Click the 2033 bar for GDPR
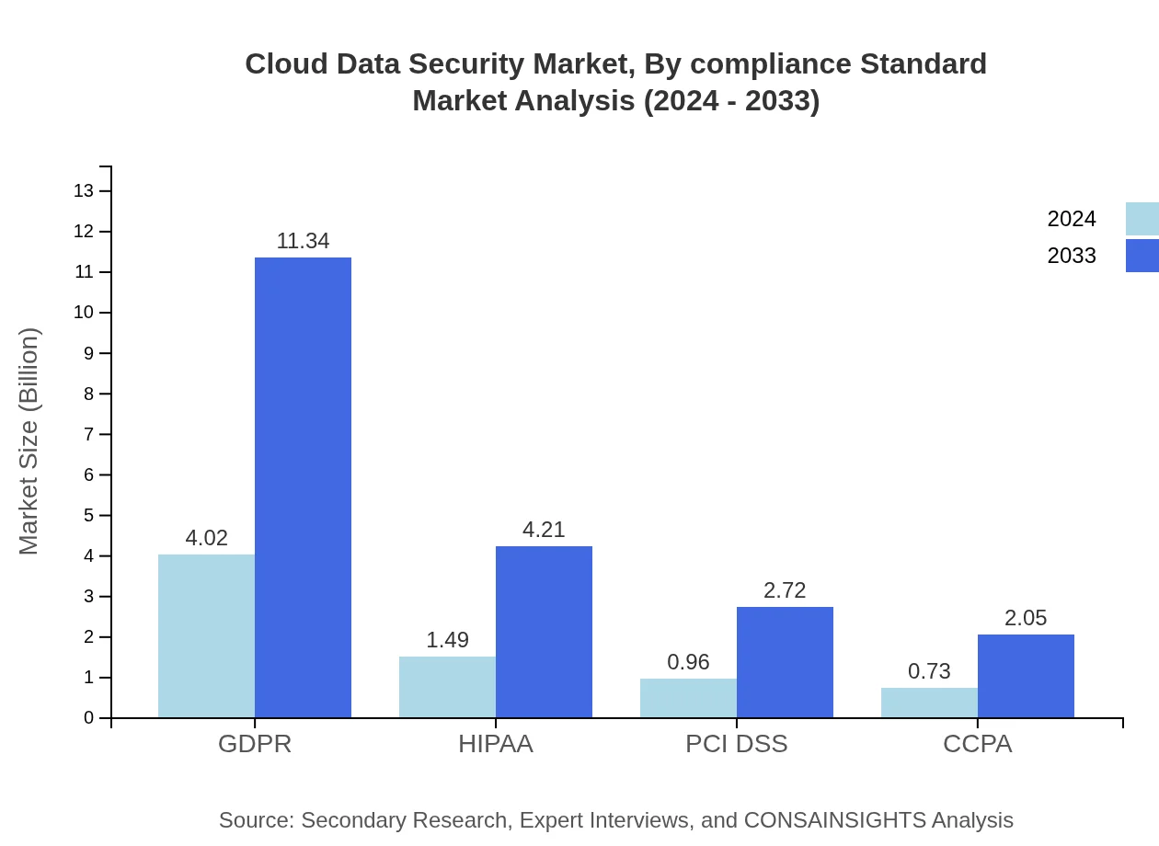coord(303,487)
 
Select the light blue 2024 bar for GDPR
coord(206,635)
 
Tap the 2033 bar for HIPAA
coord(544,632)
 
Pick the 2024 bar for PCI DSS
coord(688,698)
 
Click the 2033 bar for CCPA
coord(1026,676)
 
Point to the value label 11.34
coord(303,241)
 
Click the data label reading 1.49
coord(447,640)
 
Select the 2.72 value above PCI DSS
coord(785,590)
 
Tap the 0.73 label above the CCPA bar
coord(929,671)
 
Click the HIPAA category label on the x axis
coord(496,744)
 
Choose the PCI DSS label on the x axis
coord(737,744)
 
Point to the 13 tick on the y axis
coord(84,191)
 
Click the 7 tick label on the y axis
coord(88,434)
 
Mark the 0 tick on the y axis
coord(88,718)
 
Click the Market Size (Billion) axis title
coord(29,441)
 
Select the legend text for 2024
coord(1072,219)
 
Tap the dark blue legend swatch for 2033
coord(1142,256)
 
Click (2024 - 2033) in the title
coord(731,100)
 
